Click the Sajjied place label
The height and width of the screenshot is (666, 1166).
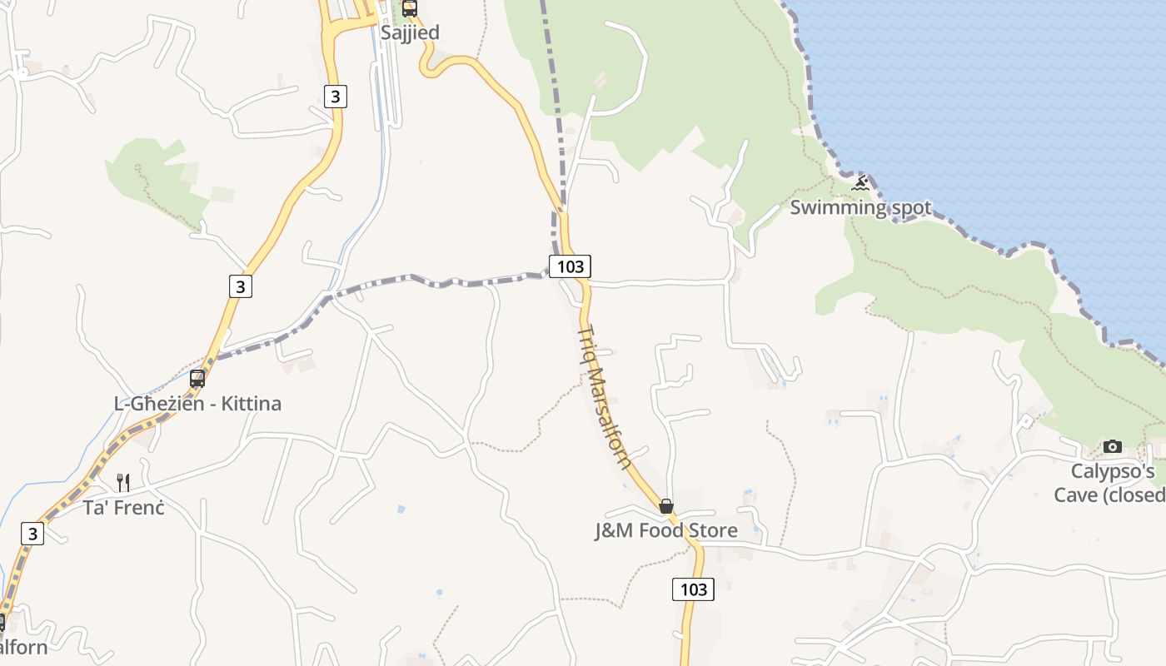click(x=409, y=32)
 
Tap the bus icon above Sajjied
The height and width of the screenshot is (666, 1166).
click(x=409, y=9)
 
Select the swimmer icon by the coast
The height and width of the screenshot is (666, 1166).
click(x=860, y=183)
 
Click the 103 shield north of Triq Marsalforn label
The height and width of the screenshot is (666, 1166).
click(x=570, y=266)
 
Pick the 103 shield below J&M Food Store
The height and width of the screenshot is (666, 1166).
click(x=693, y=589)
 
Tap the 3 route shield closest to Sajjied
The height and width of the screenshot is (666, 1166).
click(x=335, y=97)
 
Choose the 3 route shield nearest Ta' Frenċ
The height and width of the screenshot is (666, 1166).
click(x=32, y=534)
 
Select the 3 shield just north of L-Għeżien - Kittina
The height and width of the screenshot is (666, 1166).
click(x=241, y=286)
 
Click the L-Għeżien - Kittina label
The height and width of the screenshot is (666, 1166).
click(x=197, y=404)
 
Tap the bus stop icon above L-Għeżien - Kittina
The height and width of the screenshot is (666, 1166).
click(x=197, y=379)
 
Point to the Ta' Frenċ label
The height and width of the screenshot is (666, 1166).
click(x=123, y=507)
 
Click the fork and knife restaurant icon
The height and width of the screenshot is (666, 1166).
click(x=123, y=482)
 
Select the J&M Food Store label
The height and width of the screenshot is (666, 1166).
click(x=665, y=530)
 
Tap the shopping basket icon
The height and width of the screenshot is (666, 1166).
click(x=666, y=506)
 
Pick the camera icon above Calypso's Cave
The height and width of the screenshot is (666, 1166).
click(x=1113, y=447)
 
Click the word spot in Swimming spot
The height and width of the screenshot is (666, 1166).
click(x=911, y=207)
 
